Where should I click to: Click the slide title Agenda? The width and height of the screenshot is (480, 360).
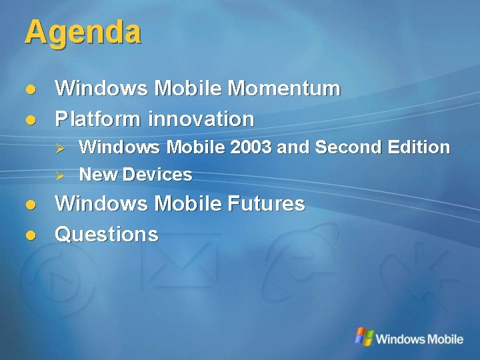click(83, 33)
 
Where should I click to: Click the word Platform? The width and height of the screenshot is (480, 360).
click(98, 119)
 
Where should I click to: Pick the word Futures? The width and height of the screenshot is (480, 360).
click(267, 203)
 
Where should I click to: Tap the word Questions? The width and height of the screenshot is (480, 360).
click(107, 234)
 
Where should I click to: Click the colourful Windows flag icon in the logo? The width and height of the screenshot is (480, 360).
click(363, 337)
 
